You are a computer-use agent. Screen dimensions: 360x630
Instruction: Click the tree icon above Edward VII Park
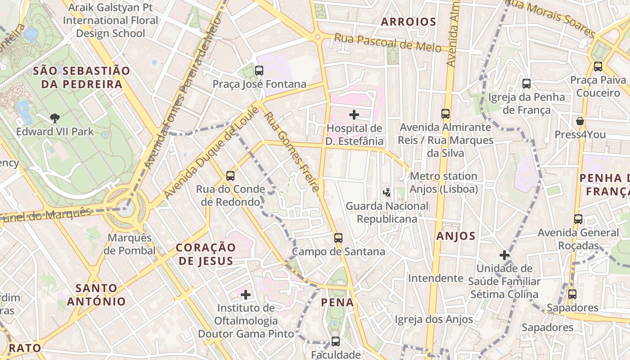tap(55, 118)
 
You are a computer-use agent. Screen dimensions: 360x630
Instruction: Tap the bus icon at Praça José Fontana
tap(259, 70)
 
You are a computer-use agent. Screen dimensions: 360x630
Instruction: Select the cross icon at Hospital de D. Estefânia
tap(355, 115)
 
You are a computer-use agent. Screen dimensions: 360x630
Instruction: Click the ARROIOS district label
tap(409, 22)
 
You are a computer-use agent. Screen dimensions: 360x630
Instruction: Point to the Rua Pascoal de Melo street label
tap(387, 43)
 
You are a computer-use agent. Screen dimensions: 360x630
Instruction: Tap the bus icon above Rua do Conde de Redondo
tap(230, 175)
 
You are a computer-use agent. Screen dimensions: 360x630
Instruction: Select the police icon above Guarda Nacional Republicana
tap(387, 192)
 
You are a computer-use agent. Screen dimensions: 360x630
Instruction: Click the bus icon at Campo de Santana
tap(338, 238)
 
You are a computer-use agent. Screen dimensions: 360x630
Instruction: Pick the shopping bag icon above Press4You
tap(580, 121)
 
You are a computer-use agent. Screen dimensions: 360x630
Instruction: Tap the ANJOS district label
tap(456, 236)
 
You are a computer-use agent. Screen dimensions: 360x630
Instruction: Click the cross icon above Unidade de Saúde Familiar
tap(504, 255)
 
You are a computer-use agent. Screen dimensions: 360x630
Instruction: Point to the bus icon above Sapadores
tap(572, 294)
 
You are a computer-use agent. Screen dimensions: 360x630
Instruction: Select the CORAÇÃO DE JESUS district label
tap(206, 254)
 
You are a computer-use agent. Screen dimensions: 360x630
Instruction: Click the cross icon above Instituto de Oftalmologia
tap(246, 295)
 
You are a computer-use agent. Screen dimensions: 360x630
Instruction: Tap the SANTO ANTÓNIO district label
tap(96, 295)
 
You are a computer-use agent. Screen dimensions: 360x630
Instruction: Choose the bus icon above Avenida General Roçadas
tap(578, 219)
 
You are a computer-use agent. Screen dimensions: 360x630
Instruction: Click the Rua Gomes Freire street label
tap(292, 151)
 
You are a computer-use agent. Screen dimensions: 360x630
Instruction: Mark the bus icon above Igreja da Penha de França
tap(526, 83)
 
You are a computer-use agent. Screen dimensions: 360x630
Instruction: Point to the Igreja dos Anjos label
tap(434, 319)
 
